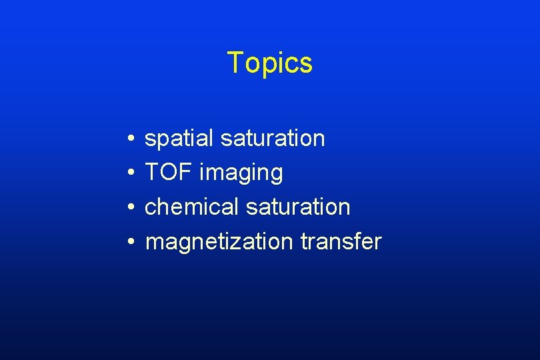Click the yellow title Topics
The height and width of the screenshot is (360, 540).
(269, 63)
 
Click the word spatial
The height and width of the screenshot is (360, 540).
(179, 139)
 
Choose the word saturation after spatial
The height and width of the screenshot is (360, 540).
(272, 139)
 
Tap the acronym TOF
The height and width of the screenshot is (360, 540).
(169, 173)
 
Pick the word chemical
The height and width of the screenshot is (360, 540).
(191, 207)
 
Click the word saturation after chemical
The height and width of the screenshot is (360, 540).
(297, 207)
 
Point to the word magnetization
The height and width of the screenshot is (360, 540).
(219, 241)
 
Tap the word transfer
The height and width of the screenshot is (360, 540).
(341, 241)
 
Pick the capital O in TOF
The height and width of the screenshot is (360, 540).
(169, 173)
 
